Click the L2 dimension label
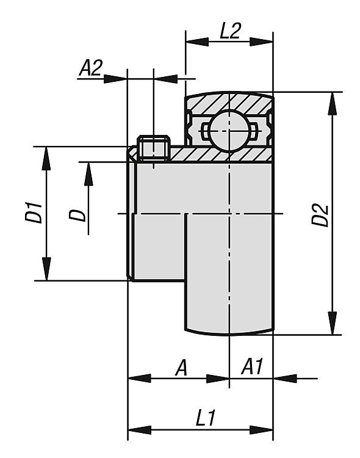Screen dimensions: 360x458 point(230,31)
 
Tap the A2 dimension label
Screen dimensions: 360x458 point(91,68)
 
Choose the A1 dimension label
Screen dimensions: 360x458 point(252,366)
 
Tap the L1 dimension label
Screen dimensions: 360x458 point(206,418)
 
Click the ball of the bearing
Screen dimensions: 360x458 point(230,131)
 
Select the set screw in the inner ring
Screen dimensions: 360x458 point(154,148)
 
